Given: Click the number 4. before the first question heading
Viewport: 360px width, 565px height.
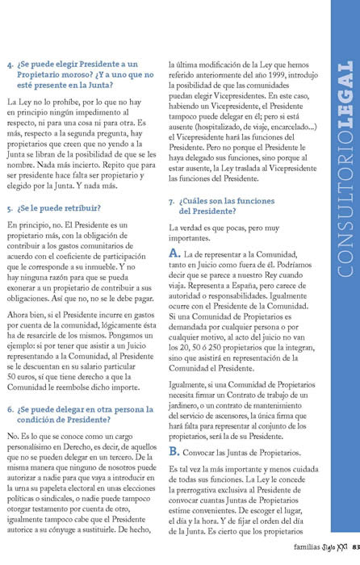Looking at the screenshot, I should click(10, 64).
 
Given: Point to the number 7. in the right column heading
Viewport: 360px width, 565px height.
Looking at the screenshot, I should click(171, 200).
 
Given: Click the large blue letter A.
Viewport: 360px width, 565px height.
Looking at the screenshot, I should click(174, 254).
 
